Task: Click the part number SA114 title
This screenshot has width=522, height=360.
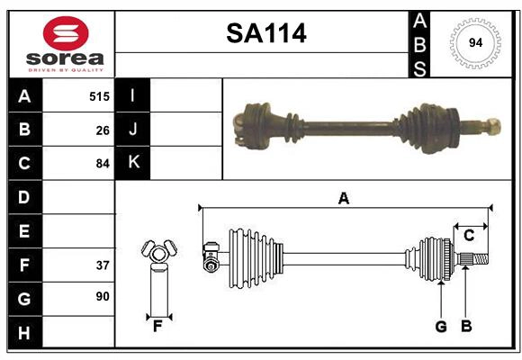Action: tap(265, 34)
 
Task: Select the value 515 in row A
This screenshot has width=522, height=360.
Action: tap(99, 95)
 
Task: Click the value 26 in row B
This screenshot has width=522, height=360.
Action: tap(103, 130)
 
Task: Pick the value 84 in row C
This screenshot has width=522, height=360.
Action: tap(103, 164)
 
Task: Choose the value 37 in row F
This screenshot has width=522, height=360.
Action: tap(103, 265)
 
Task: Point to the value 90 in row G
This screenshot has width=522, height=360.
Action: tap(103, 296)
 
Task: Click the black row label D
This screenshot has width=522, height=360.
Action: tap(24, 197)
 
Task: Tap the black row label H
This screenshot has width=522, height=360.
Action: tap(24, 333)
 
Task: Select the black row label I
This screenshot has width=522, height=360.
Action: tap(133, 95)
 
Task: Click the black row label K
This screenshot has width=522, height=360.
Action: tap(133, 163)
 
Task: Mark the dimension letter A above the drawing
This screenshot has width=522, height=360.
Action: tap(343, 198)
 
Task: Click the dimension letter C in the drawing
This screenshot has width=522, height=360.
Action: tap(469, 235)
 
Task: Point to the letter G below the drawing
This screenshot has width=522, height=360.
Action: tap(441, 327)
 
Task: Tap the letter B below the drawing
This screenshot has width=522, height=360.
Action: tap(466, 327)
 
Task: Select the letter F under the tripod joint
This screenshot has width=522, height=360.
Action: tap(157, 327)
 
